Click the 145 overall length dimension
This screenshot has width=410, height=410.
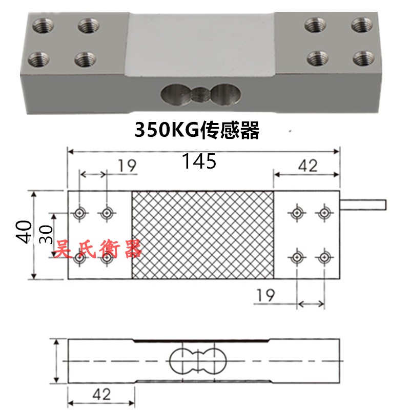(x=200, y=162)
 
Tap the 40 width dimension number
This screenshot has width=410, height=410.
(x=23, y=232)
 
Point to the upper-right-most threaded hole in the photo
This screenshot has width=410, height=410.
(x=362, y=24)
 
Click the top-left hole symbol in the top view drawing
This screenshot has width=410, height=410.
(x=79, y=213)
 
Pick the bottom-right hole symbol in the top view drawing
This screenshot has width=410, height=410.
(x=323, y=257)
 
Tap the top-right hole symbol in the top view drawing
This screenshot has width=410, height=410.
(x=323, y=212)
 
